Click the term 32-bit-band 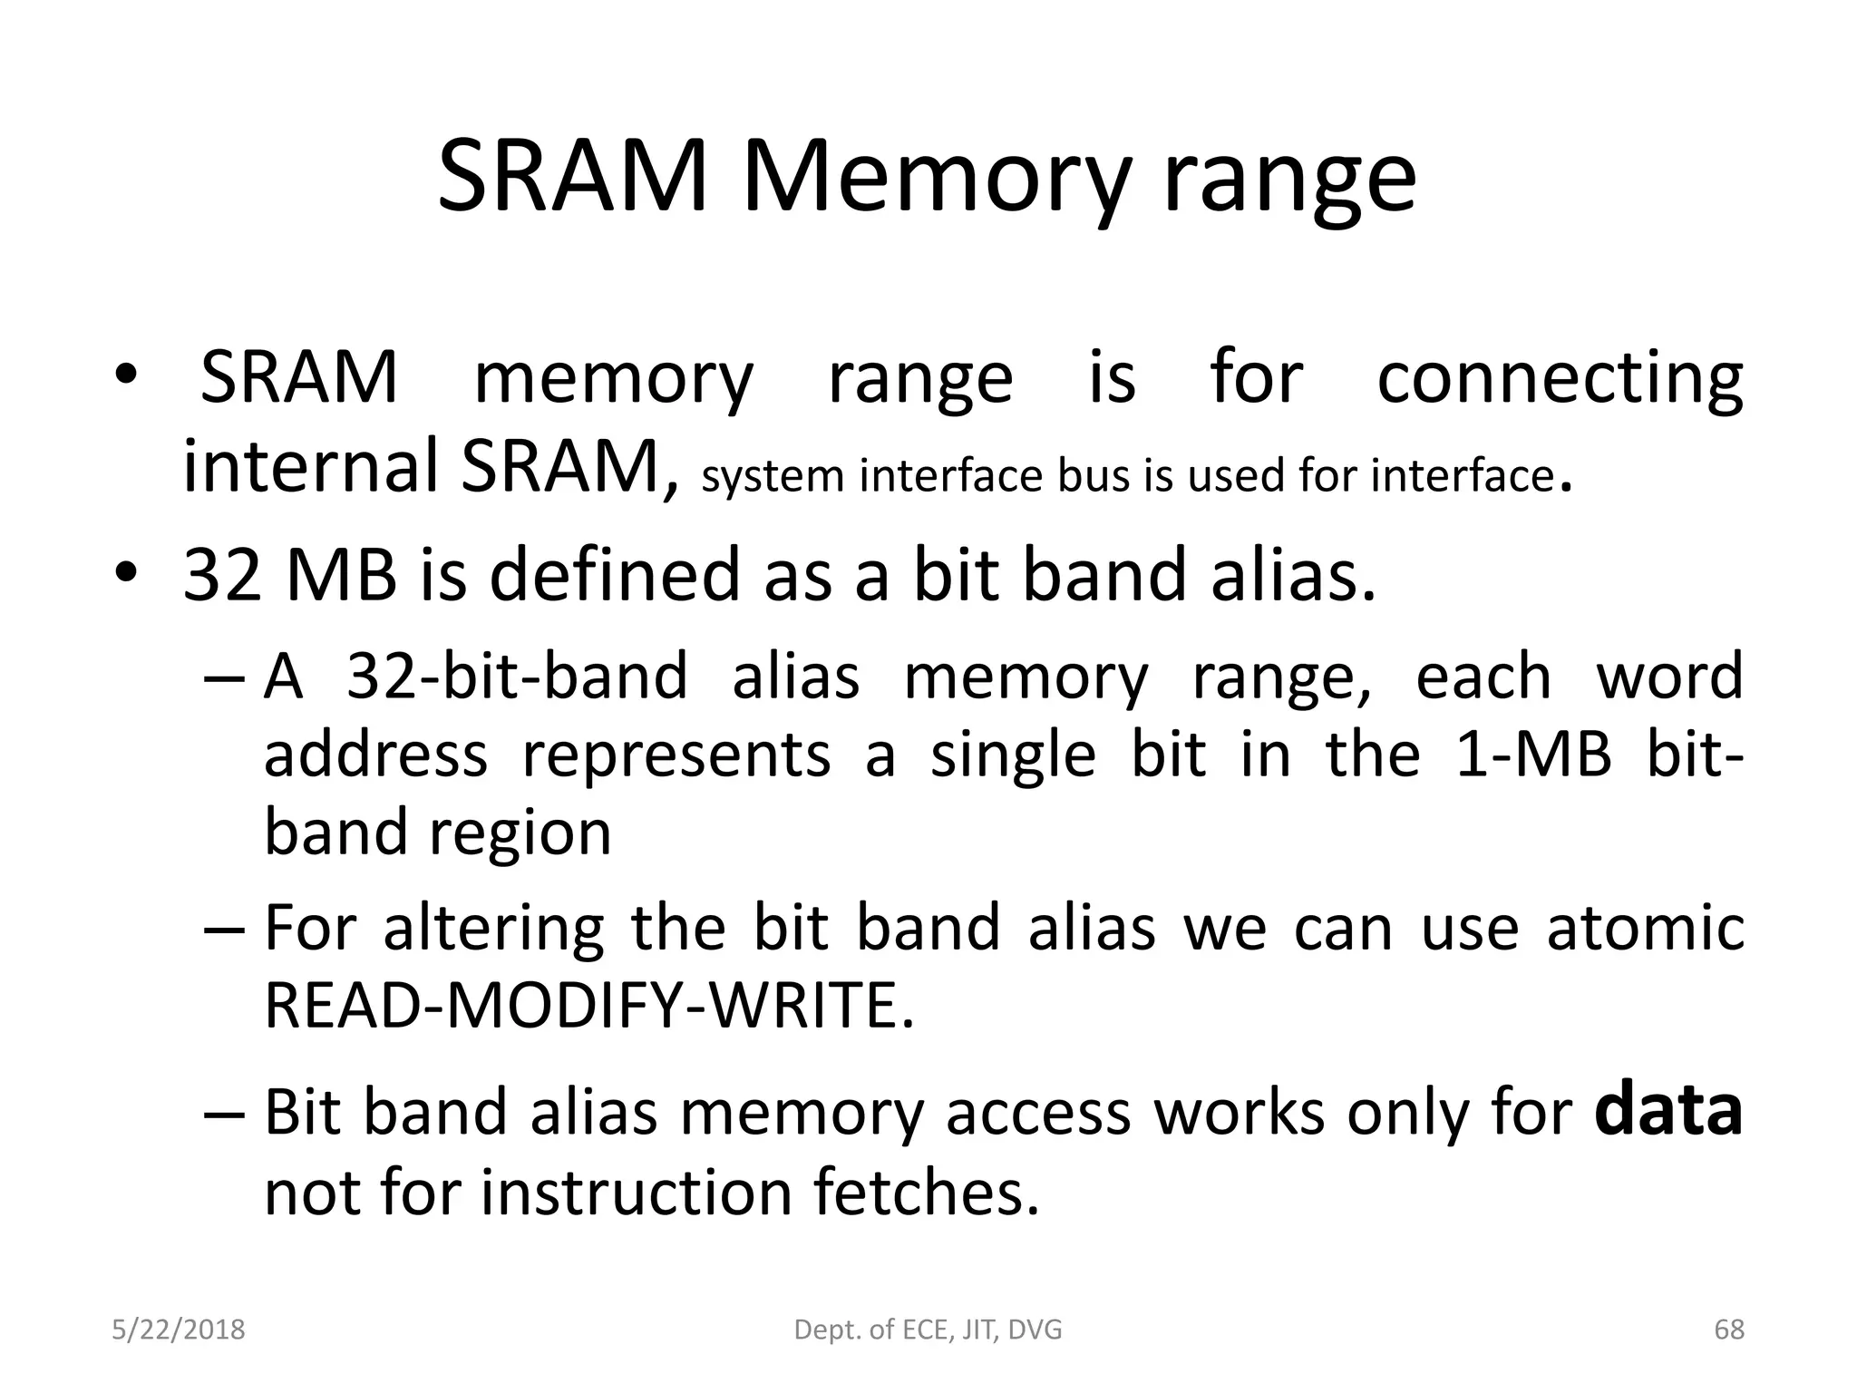tap(517, 677)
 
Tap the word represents tap(676, 755)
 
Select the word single tap(1013, 756)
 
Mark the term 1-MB tap(1532, 755)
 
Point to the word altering tap(493, 929)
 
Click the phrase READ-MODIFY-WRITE tap(588, 1006)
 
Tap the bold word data tap(1667, 1112)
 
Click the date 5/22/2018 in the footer tap(179, 1330)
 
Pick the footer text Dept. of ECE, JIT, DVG tap(928, 1330)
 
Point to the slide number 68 tap(1728, 1330)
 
